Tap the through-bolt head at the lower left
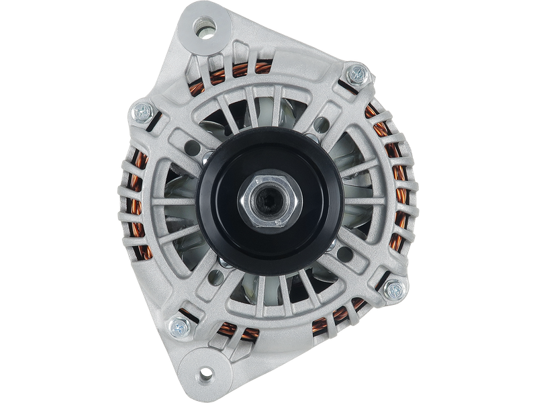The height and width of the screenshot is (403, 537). coord(179,327)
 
